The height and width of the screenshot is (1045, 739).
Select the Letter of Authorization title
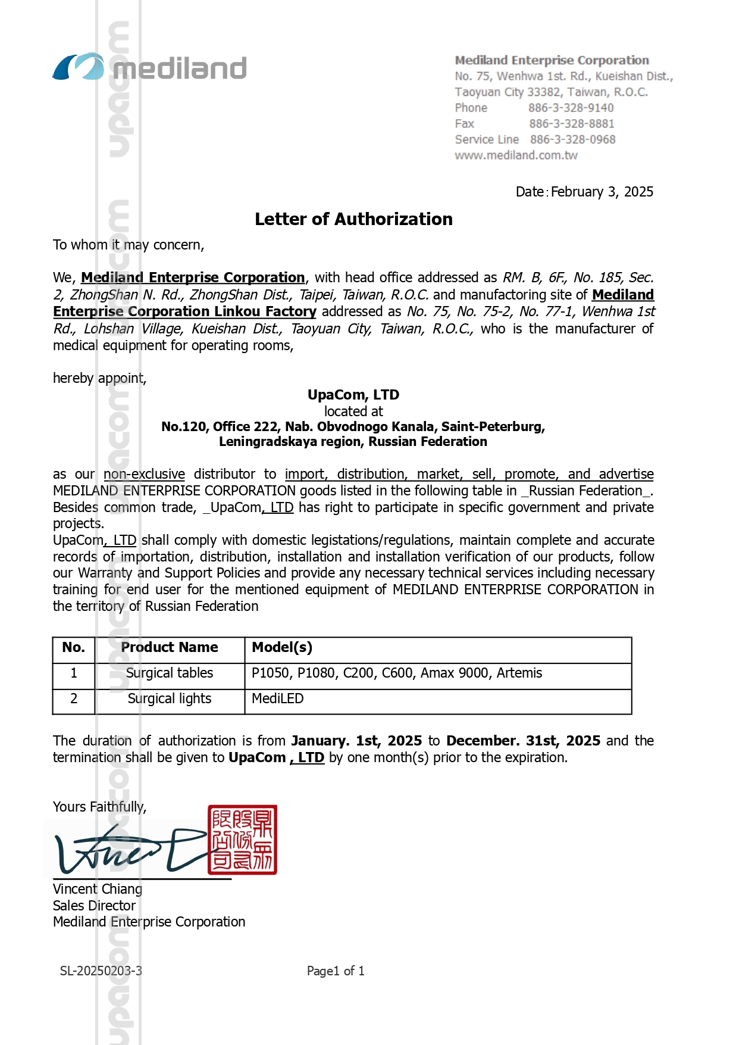[353, 219]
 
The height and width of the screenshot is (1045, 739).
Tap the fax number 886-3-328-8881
[571, 124]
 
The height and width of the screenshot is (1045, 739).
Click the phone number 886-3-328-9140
[571, 108]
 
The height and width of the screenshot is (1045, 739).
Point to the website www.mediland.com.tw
[516, 155]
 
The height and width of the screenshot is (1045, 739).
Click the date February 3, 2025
[602, 192]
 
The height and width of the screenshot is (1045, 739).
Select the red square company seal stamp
[242, 840]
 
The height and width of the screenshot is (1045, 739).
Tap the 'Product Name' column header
[170, 648]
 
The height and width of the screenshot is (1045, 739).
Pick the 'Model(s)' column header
[282, 648]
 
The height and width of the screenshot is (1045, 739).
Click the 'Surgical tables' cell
[170, 673]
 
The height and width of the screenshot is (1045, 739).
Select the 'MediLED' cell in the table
[278, 698]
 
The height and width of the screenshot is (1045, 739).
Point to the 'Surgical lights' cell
[170, 698]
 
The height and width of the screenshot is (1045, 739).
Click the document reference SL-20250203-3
[101, 971]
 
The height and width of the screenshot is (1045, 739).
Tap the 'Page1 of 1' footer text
[336, 971]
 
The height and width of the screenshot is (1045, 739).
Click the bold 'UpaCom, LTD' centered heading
[353, 395]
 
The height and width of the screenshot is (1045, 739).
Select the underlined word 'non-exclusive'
[144, 474]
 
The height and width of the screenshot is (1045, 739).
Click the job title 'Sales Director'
[94, 906]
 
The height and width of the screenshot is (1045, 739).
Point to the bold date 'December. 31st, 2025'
[523, 741]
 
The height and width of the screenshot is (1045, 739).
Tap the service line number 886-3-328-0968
[572, 139]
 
